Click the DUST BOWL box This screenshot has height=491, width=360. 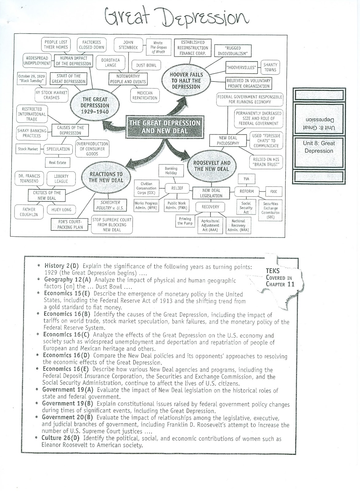point(146,65)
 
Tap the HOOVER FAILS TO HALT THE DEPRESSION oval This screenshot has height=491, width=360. point(186,81)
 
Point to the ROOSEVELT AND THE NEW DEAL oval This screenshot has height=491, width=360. point(211,166)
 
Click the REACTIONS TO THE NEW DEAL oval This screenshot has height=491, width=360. point(106,177)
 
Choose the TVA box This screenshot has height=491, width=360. point(246,179)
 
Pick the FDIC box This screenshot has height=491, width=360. point(273,191)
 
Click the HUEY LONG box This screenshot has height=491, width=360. point(61,210)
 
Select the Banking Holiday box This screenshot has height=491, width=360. point(171,171)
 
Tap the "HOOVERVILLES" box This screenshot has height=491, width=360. point(241,68)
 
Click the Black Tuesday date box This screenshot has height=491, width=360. point(31,79)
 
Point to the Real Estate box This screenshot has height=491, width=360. point(57,163)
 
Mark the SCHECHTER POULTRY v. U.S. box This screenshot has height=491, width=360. point(110,205)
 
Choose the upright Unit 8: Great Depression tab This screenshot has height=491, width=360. point(319,147)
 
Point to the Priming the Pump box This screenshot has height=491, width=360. point(185,221)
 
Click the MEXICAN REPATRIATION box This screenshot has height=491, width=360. point(145,95)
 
